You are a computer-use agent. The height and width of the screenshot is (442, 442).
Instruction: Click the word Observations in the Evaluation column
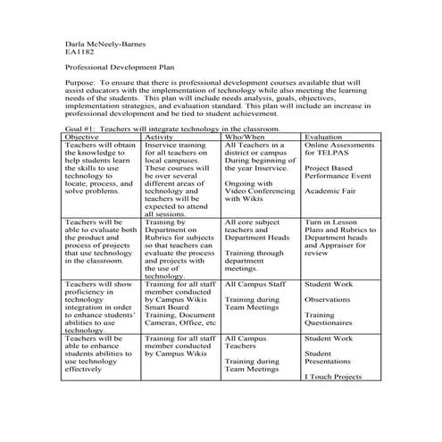click(328, 300)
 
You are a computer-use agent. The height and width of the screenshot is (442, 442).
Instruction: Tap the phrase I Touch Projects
click(333, 377)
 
